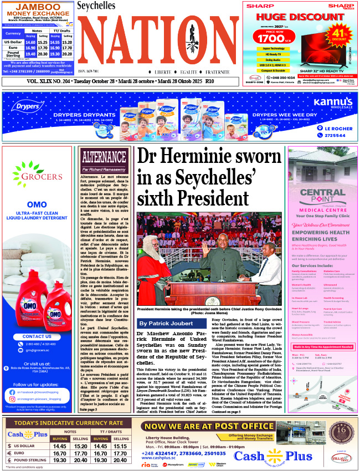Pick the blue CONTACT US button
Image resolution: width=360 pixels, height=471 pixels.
point(37,336)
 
